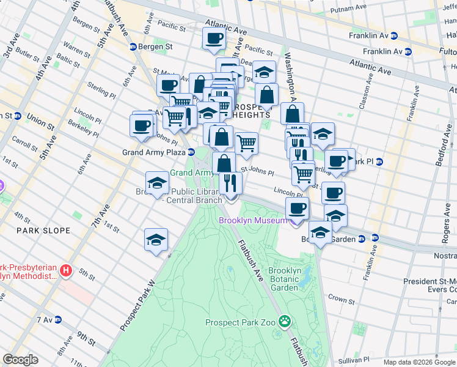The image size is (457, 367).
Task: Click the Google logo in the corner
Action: click(20, 360)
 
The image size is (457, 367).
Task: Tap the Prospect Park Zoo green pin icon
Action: click(285, 321)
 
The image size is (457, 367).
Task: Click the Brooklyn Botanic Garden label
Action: click(284, 279)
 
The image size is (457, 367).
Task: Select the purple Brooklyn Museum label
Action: click(252, 220)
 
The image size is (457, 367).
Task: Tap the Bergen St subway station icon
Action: click(133, 47)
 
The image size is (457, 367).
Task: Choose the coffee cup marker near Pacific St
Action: click(214, 39)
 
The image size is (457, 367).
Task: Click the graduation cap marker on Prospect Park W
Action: click(156, 240)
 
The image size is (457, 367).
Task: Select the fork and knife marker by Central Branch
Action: click(230, 183)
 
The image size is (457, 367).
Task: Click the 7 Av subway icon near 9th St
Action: click(58, 319)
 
